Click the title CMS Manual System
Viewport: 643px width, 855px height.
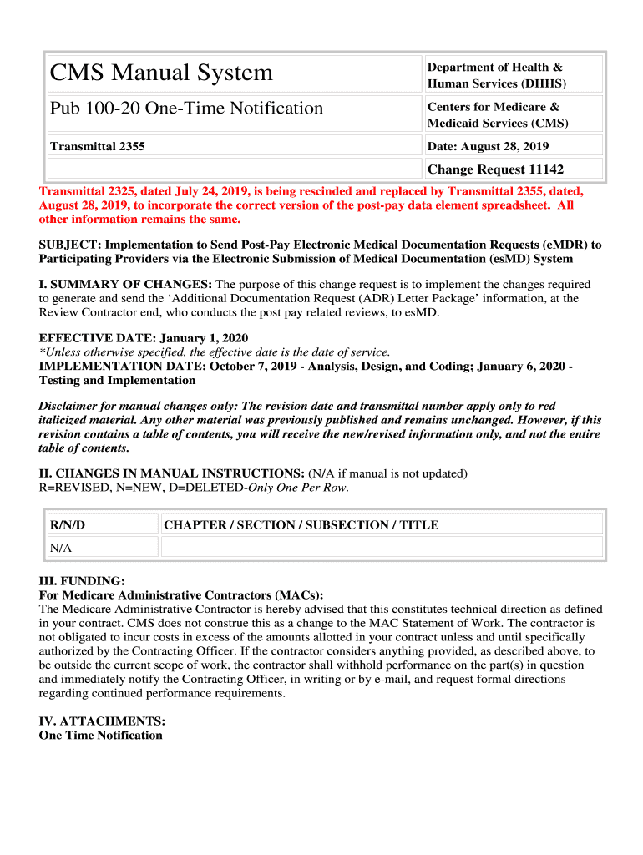[x=161, y=73]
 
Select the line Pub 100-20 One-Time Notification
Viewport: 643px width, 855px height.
[x=186, y=109]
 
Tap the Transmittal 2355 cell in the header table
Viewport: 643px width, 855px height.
[x=98, y=146]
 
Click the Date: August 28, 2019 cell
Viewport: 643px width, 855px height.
[x=489, y=146]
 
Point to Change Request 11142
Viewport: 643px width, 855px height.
[x=495, y=169]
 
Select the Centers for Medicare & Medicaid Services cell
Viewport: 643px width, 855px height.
[x=498, y=114]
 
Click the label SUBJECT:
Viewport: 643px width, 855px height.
[x=70, y=245]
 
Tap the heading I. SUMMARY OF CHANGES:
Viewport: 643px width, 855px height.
[x=126, y=284]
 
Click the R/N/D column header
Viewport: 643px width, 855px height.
[x=68, y=524]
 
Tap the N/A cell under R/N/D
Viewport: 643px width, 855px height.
[x=61, y=548]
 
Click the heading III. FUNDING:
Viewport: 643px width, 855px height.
[x=82, y=581]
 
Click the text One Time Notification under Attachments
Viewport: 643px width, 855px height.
[x=100, y=735]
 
